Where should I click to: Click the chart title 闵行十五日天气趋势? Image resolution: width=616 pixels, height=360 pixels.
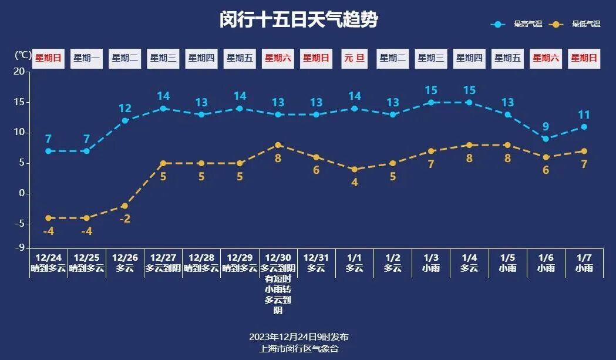(298, 20)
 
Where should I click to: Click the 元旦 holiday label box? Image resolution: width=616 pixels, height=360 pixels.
(354, 58)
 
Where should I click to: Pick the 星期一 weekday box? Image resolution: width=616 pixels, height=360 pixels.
(86, 58)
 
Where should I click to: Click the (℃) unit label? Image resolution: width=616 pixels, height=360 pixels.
(22, 55)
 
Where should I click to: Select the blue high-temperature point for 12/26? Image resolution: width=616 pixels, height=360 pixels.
(125, 120)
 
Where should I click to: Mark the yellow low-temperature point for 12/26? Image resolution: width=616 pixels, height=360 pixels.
(125, 206)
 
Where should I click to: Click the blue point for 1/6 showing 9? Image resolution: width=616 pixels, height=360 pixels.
(546, 139)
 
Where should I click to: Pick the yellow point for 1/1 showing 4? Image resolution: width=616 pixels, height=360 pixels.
(354, 169)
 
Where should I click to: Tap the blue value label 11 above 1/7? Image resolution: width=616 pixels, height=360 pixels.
(584, 115)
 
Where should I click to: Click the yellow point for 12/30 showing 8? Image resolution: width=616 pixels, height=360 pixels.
(278, 145)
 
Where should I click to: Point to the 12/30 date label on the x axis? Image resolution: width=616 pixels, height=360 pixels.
(278, 257)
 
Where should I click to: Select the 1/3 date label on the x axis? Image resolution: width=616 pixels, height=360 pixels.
(430, 257)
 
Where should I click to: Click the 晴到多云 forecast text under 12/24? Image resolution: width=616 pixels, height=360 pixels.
(49, 268)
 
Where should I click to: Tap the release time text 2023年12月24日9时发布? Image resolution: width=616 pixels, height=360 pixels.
(299, 337)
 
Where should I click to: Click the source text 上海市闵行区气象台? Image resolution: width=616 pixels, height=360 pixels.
(299, 348)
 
